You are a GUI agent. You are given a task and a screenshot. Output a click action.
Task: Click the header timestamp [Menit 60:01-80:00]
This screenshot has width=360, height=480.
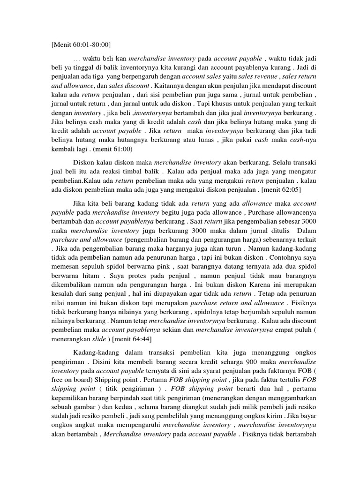tap(80, 45)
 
